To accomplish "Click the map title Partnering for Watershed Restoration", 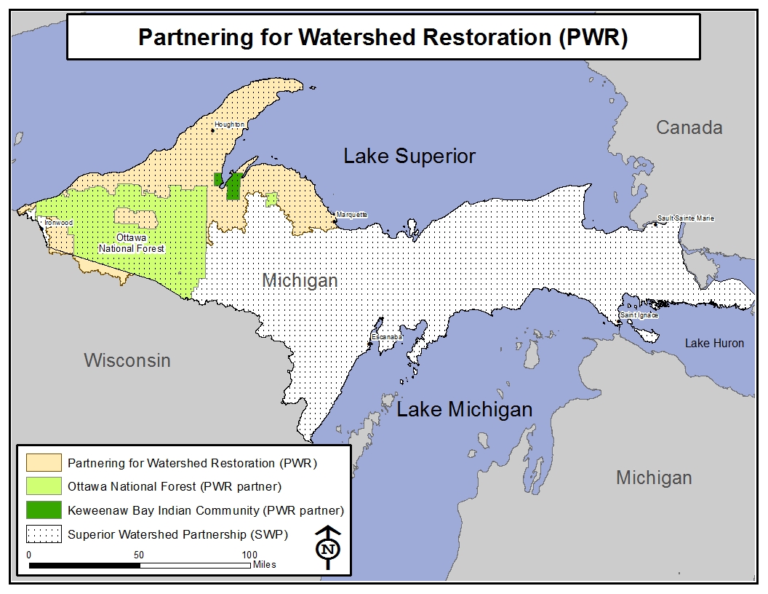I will click(383, 38).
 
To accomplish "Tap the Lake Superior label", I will click(409, 156).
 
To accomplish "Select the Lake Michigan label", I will click(464, 409).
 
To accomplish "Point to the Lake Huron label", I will click(714, 343).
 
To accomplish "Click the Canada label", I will click(689, 128).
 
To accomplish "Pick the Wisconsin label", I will click(127, 360).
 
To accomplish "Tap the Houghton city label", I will click(229, 125).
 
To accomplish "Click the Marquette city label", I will click(351, 215).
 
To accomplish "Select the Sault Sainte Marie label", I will click(686, 218).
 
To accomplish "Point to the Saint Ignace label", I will click(639, 315).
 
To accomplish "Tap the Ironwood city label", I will click(58, 222).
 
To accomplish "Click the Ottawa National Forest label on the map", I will click(132, 243).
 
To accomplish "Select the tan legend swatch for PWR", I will click(44, 462).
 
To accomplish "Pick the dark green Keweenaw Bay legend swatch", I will click(44, 510).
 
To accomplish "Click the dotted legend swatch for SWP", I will click(44, 534).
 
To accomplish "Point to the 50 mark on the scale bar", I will click(138, 555).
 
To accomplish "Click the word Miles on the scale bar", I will click(265, 564).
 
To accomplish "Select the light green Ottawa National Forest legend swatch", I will click(44, 486).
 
